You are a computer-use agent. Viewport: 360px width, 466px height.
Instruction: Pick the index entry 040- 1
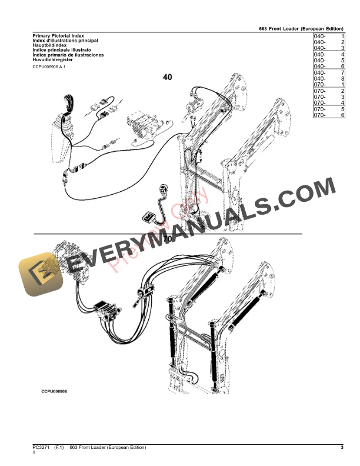[329, 36]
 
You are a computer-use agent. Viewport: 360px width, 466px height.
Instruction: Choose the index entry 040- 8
[329, 79]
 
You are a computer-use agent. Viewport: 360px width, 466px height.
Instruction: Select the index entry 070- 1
[329, 85]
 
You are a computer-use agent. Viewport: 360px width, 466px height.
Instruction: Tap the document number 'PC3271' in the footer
[41, 448]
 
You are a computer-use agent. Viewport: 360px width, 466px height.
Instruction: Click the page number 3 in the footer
[342, 448]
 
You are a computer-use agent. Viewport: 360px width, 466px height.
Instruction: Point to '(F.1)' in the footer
[59, 448]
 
